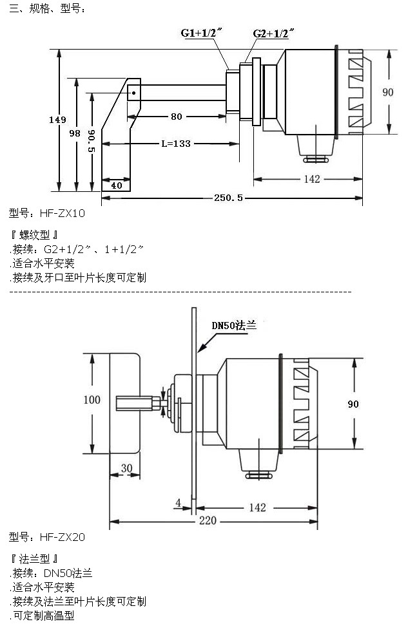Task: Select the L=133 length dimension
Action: coord(175,144)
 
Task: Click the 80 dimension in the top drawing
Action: coord(175,117)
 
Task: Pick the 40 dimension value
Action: coord(116,185)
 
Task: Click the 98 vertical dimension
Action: coord(75,133)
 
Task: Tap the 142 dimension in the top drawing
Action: coord(311,179)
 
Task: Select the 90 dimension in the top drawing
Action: coord(387,92)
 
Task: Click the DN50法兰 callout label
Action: coord(235,325)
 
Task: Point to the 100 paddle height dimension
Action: coord(92,400)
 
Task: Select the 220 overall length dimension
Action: coord(208,520)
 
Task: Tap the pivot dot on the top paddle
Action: coord(133,93)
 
